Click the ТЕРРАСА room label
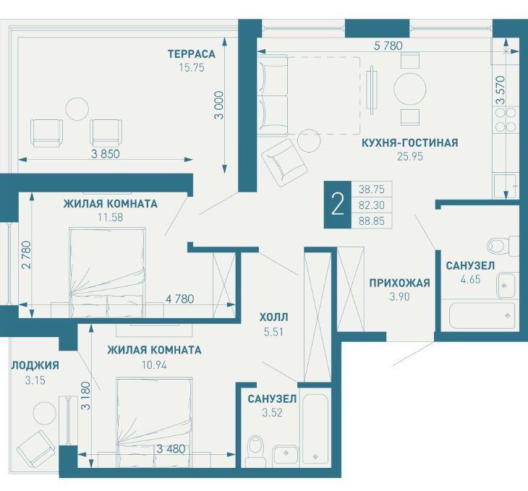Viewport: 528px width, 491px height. click(x=191, y=54)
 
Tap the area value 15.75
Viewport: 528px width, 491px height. click(x=192, y=68)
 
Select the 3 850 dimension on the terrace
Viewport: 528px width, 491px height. click(x=106, y=154)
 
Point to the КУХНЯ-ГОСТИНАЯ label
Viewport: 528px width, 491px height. click(x=410, y=142)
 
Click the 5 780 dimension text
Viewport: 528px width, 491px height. click(x=388, y=46)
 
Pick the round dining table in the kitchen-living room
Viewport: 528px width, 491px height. click(x=410, y=89)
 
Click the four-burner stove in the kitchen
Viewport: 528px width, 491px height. click(x=504, y=119)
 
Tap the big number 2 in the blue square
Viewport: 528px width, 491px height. click(x=337, y=205)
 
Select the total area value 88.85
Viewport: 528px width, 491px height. click(x=372, y=221)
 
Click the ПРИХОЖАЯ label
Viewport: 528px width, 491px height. click(x=399, y=283)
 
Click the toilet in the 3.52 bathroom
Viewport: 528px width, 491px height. click(x=255, y=451)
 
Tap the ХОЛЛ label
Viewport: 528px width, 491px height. click(x=273, y=317)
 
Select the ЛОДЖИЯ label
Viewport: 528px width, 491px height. click(x=35, y=365)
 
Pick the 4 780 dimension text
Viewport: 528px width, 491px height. click(x=179, y=299)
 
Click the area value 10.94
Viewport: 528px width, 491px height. click(x=154, y=364)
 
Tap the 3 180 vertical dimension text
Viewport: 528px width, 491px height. click(x=86, y=396)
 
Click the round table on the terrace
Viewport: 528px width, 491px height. click(x=77, y=108)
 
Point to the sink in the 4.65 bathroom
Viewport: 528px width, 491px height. click(x=506, y=286)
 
